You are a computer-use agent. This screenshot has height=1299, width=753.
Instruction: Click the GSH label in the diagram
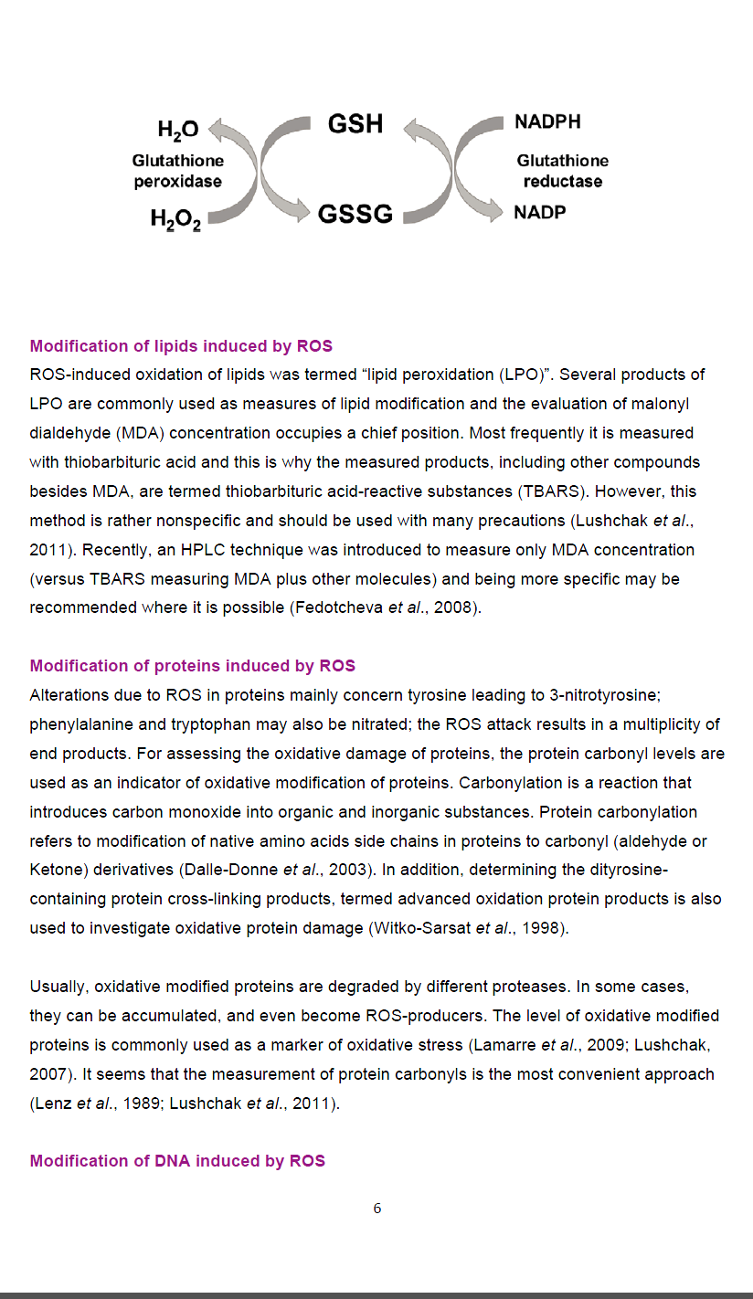[355, 124]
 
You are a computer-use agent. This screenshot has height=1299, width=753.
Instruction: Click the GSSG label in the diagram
[355, 215]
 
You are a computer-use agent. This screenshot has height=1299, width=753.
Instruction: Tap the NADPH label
[547, 121]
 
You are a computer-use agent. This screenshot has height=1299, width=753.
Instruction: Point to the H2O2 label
[175, 219]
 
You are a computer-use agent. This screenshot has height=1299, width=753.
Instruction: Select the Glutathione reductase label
[562, 171]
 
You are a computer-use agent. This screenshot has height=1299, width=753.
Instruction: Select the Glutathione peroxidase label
[177, 171]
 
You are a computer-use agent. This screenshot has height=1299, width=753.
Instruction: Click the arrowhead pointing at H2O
[216, 130]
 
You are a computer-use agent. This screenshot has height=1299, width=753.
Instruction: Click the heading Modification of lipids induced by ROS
[181, 346]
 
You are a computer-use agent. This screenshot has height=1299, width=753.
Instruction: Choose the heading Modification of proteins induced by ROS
[192, 666]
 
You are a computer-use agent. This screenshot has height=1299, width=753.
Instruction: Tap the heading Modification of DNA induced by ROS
[177, 1161]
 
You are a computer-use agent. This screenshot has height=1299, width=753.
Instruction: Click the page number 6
[377, 1209]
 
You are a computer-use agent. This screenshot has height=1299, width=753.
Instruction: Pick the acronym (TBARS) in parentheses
[554, 491]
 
